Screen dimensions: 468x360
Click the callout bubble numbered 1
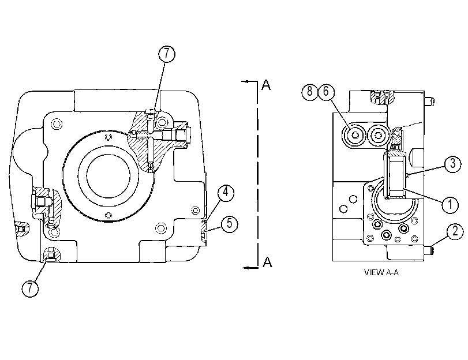450,205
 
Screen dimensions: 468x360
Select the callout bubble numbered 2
455,231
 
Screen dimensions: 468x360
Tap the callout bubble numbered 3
453,164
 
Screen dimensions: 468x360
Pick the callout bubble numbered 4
226,193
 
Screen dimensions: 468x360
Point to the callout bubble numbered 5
229,224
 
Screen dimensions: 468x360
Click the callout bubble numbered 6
326,91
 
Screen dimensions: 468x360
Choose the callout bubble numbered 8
310,91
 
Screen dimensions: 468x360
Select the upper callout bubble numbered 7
167,54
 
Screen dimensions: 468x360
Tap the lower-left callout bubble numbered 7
30,288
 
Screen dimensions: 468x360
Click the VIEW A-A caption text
381,272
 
